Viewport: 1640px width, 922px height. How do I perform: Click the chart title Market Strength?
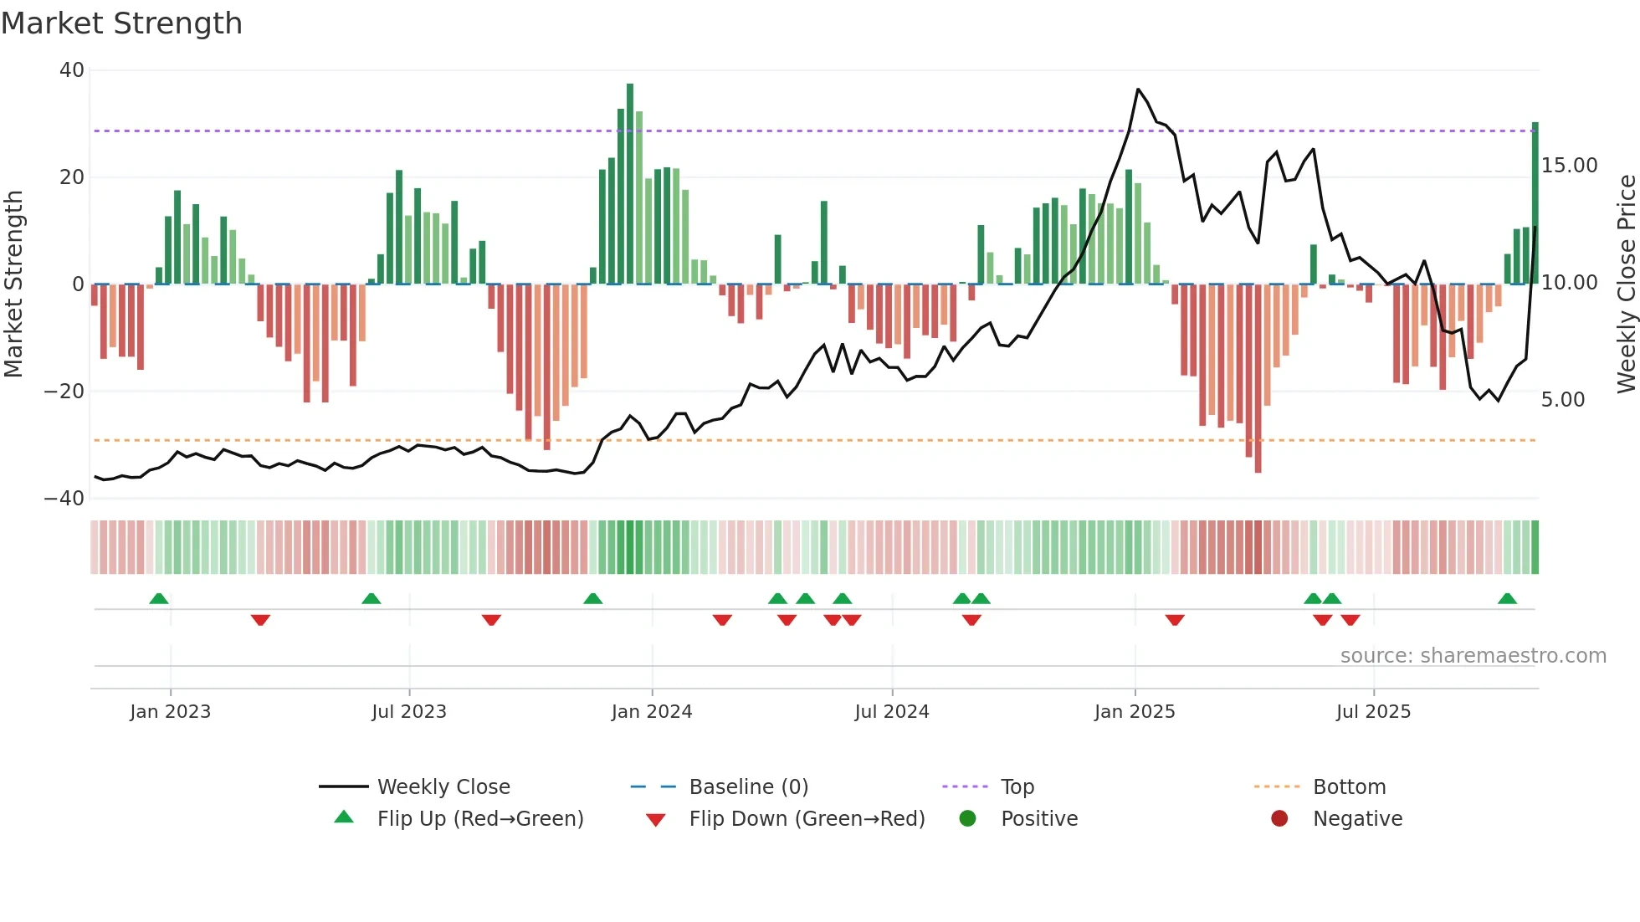pos(121,23)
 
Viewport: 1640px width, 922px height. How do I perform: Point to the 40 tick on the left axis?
pos(72,70)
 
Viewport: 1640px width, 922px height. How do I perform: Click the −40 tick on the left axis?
pos(64,499)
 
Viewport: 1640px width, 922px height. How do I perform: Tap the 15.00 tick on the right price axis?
pos(1569,166)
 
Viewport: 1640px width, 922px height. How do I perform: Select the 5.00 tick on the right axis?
pos(1562,400)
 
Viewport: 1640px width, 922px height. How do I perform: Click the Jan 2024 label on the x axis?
pos(651,712)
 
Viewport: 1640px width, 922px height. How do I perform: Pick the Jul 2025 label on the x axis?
pos(1372,712)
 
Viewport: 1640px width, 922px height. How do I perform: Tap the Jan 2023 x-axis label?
pos(170,712)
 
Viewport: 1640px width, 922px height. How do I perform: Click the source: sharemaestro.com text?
pos(1473,656)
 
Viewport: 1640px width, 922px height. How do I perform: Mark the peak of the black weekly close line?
pos(1138,90)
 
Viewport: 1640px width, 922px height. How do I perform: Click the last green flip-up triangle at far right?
pos(1507,599)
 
